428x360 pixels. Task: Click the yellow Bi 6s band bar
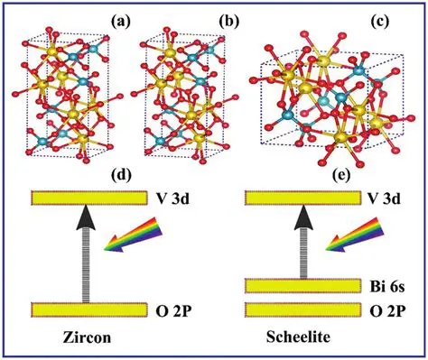tap(277, 286)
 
